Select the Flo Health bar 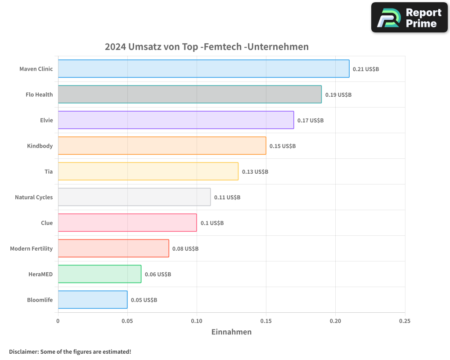click(189, 94)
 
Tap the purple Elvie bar click(175, 120)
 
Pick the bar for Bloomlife click(93, 300)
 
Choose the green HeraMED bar click(99, 274)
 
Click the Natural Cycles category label click(34, 197)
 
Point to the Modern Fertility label click(31, 248)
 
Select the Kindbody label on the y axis click(40, 146)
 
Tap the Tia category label click(49, 171)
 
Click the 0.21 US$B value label click(366, 69)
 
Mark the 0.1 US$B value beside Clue click(212, 223)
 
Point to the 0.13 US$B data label click(255, 172)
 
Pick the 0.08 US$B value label click(185, 249)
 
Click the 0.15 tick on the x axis click(266, 321)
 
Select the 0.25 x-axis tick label click(405, 321)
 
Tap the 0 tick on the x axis click(58, 321)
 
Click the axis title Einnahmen click(231, 332)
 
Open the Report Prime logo click(409, 18)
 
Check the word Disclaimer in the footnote click(23, 351)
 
